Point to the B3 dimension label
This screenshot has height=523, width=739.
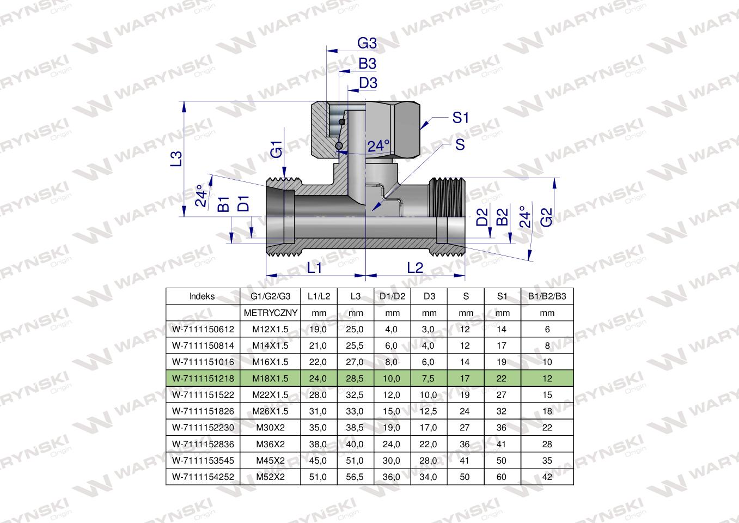coord(368,64)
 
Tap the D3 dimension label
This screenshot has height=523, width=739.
coord(368,83)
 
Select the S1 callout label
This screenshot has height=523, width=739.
coord(460,118)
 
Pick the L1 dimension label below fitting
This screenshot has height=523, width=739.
coord(315,267)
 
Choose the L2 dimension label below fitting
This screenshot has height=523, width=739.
coord(415,267)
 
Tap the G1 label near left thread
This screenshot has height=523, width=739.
coord(277,149)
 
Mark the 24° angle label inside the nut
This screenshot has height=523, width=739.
coord(378,146)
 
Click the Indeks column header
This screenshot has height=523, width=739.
coord(203,297)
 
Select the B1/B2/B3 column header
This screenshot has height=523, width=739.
coord(547,297)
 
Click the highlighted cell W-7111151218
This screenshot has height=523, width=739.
coord(203,379)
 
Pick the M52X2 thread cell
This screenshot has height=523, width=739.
coord(270,477)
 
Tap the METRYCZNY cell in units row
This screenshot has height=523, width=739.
coord(270,313)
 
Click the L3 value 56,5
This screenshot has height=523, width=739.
coord(355,477)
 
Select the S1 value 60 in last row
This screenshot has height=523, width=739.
coord(502,477)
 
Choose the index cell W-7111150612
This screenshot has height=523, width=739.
coord(203,329)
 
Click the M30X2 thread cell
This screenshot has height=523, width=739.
coord(270,428)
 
